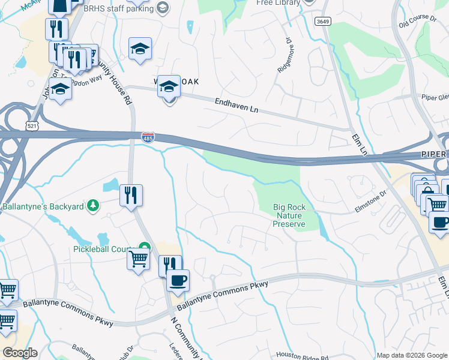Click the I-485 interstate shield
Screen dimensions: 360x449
[148, 138]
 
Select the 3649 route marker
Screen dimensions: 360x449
[322, 21]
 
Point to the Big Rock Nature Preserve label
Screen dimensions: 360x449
[289, 215]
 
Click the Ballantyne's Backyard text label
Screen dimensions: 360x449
[42, 207]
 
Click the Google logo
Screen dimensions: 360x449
[19, 353]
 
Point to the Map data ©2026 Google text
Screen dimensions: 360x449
[411, 355]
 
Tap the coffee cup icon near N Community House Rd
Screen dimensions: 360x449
[177, 280]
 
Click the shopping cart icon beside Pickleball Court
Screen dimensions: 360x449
[139, 259]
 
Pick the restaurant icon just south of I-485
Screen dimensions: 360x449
[131, 195]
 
